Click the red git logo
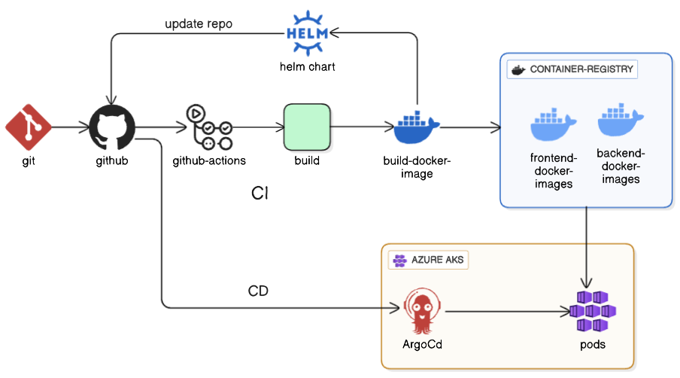[28, 127]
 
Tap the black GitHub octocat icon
[112, 127]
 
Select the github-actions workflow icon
[209, 127]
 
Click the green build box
[307, 127]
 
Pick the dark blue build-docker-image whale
[416, 127]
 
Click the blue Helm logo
[308, 33]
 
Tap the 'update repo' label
[199, 24]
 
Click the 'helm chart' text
[308, 67]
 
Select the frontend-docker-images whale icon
[554, 124]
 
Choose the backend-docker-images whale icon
[621, 120]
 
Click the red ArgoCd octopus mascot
[422, 312]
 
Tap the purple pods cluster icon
[593, 312]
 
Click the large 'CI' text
[260, 193]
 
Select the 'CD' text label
[258, 291]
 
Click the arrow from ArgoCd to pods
[508, 311]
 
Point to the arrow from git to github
[71, 127]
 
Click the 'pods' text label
[593, 345]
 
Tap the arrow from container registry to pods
[586, 248]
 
